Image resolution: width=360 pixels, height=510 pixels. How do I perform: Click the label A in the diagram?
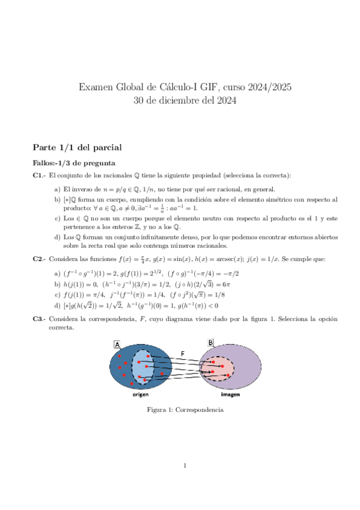pyautogui.click(x=117, y=345)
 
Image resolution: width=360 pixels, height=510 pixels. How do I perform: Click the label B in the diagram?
pyautogui.click(x=210, y=343)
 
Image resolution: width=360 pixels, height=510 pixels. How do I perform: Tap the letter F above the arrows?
pyautogui.click(x=183, y=354)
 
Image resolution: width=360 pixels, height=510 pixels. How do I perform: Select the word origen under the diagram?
pyautogui.click(x=142, y=395)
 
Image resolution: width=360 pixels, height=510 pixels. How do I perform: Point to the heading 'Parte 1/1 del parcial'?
pyautogui.click(x=78, y=147)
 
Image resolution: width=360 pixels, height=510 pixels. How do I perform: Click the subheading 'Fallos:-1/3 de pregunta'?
pyautogui.click(x=73, y=163)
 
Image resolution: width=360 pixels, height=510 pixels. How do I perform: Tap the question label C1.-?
pyautogui.click(x=39, y=176)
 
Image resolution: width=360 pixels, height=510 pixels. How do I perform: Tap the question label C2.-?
pyautogui.click(x=39, y=259)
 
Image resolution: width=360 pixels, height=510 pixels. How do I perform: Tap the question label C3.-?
pyautogui.click(x=39, y=318)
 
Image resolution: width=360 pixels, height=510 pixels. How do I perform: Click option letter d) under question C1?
pyautogui.click(x=57, y=237)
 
